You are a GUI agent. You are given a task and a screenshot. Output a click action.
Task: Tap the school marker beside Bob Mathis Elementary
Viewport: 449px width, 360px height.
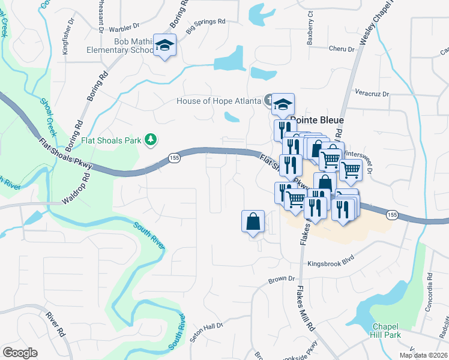(164, 46)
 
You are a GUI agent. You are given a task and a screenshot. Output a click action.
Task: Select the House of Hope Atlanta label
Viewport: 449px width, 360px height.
(218, 101)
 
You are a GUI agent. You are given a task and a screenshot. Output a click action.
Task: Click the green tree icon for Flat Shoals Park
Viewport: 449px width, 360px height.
(152, 140)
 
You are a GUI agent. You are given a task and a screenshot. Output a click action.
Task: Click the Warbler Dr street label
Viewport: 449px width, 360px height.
(124, 26)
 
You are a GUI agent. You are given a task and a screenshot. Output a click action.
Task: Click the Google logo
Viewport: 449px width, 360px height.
(20, 352)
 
